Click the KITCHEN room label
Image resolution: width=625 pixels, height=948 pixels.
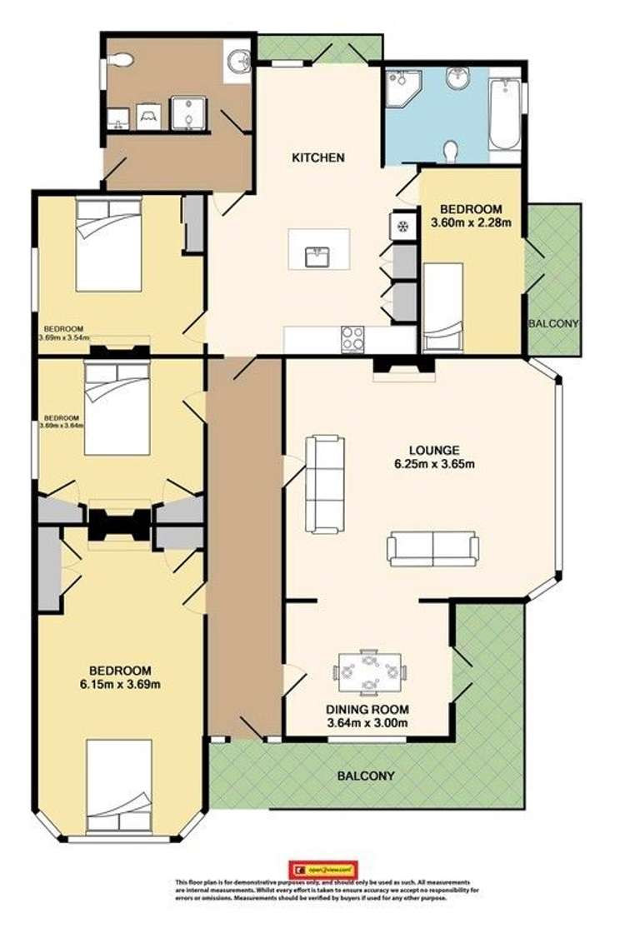[317, 157]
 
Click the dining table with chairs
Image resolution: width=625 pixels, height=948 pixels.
[370, 671]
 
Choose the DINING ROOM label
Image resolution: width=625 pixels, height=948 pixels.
[367, 709]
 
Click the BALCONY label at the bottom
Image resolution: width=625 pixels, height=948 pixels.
[366, 776]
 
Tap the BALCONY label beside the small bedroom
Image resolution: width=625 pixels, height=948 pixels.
[553, 323]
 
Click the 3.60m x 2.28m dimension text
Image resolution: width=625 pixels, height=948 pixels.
[471, 222]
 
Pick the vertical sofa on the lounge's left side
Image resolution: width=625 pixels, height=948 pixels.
[325, 484]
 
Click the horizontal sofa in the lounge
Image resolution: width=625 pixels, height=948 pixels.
[432, 550]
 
